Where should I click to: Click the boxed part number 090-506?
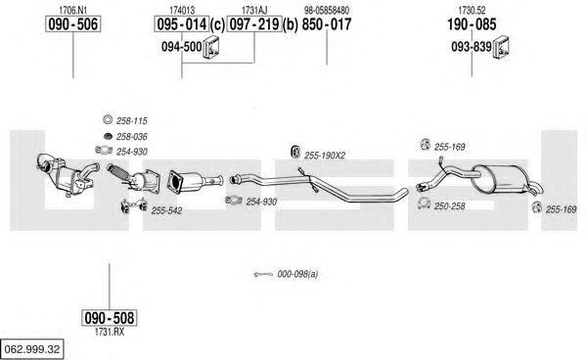click(73, 24)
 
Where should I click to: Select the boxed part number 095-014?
click(182, 24)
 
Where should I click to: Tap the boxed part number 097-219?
click(254, 24)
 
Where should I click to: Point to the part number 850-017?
click(327, 24)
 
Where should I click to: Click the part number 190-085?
click(472, 24)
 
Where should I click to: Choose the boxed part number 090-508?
click(110, 318)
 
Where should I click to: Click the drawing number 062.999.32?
click(32, 349)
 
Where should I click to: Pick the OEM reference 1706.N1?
click(73, 10)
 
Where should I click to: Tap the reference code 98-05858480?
click(327, 10)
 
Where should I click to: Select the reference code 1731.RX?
click(110, 332)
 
